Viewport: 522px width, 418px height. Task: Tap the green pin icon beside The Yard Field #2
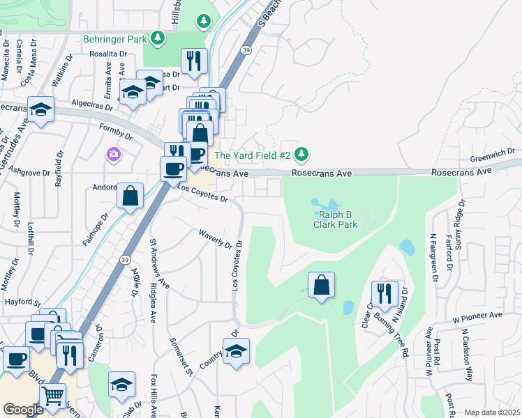301,154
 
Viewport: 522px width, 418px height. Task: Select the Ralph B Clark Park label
335,219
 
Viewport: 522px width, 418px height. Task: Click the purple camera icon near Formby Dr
112,153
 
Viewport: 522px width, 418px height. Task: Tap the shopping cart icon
52,395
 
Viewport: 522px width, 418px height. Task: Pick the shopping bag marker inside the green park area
321,285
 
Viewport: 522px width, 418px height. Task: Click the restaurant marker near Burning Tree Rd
385,293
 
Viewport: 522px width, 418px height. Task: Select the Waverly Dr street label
215,240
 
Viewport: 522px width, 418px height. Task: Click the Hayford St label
20,302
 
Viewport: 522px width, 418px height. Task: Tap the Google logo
23,410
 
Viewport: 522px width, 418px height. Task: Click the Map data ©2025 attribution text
492,412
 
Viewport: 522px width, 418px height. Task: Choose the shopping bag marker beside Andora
130,196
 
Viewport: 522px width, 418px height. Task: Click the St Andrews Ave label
160,264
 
